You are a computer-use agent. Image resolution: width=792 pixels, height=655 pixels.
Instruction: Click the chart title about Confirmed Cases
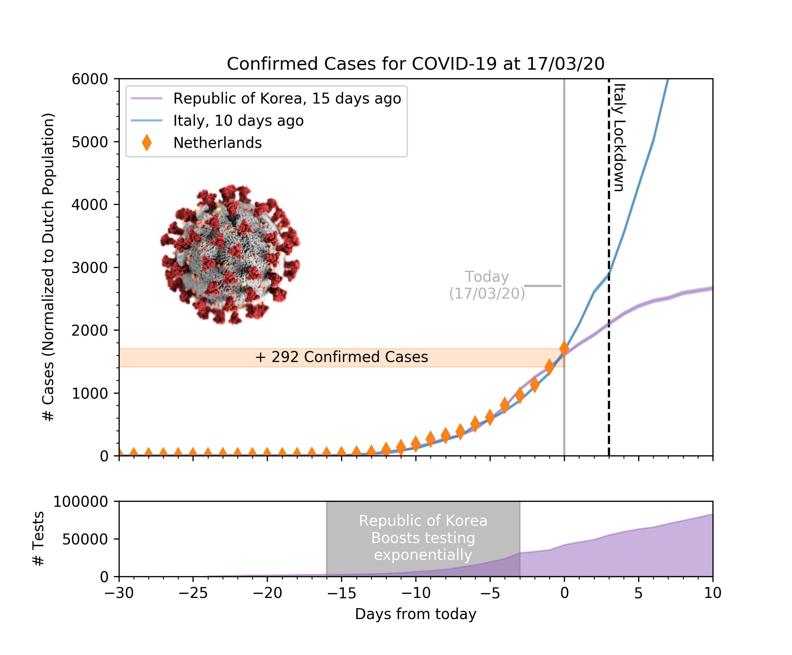(x=415, y=64)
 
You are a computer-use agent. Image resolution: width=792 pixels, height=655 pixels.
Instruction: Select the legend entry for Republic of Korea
(x=287, y=99)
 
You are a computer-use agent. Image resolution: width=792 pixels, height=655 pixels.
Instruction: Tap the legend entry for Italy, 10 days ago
(x=238, y=121)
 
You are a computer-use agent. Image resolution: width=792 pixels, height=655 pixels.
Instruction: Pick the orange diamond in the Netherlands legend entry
(x=147, y=143)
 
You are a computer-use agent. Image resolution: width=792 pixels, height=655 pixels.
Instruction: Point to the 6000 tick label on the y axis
(x=90, y=79)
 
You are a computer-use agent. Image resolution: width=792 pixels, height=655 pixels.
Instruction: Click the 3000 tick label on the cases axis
(x=90, y=268)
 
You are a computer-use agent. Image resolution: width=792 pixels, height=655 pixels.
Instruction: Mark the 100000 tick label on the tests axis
(x=80, y=502)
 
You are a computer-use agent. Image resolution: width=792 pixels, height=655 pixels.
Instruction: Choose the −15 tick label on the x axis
(x=341, y=593)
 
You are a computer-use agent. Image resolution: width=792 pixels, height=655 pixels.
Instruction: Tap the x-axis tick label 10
(x=712, y=593)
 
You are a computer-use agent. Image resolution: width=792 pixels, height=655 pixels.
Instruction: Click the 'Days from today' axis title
(x=415, y=614)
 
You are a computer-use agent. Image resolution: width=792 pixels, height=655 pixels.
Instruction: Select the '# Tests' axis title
(x=39, y=539)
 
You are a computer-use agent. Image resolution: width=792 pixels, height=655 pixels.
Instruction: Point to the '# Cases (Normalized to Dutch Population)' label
(x=48, y=267)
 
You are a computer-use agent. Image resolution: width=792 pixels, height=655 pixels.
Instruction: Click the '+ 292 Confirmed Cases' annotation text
(x=341, y=357)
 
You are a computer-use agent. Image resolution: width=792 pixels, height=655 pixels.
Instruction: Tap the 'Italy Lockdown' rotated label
(x=620, y=138)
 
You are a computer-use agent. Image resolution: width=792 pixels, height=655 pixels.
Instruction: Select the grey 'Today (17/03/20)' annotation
(x=486, y=285)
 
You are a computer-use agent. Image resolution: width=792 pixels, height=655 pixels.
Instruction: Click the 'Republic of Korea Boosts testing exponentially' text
(x=423, y=538)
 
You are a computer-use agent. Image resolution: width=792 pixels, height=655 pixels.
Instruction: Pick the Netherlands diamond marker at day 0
(x=564, y=348)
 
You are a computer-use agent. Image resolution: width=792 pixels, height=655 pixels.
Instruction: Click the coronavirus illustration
(x=230, y=255)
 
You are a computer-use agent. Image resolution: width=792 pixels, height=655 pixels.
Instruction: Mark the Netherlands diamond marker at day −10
(x=416, y=444)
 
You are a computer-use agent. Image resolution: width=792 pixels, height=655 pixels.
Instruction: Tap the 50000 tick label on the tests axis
(x=85, y=539)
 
